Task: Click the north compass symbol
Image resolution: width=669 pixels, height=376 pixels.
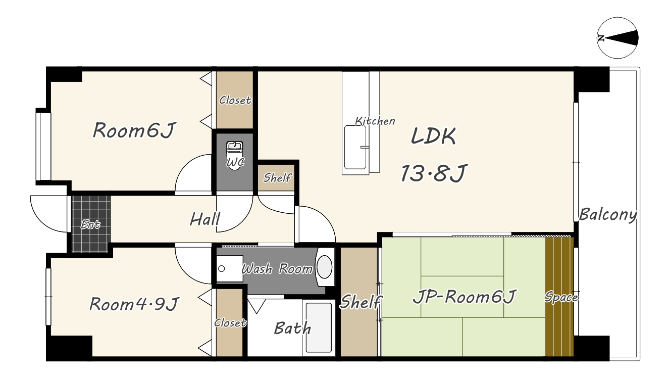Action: [x=617, y=38]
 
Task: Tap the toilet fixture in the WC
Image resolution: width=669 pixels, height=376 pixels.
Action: [x=235, y=156]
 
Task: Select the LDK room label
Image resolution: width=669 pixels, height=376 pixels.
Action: [x=433, y=136]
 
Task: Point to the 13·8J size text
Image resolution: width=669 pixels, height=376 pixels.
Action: [x=434, y=173]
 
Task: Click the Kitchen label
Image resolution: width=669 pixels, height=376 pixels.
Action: [x=375, y=121]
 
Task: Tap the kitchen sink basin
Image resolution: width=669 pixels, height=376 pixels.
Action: [x=355, y=148]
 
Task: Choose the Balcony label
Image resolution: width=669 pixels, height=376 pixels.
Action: [x=608, y=214]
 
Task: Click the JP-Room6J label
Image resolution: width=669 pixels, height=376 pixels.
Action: [x=464, y=297]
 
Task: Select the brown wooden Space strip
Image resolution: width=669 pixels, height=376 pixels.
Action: [x=559, y=297]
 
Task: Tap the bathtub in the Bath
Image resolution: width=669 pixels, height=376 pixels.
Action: [x=319, y=328]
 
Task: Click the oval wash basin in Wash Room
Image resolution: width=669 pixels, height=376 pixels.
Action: [x=324, y=267]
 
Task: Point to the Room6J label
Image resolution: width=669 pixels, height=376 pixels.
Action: [x=134, y=130]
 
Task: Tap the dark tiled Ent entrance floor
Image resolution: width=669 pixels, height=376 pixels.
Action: [x=91, y=224]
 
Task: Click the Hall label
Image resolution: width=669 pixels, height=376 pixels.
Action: [x=205, y=219]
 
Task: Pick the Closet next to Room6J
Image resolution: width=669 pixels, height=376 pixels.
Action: [x=235, y=100]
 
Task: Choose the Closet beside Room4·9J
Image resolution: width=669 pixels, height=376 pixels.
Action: [x=229, y=322]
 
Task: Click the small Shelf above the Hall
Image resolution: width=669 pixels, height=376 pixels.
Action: [x=276, y=177]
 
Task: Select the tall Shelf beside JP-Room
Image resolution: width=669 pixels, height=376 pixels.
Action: [x=359, y=302]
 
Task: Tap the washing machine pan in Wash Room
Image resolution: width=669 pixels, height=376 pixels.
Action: [x=229, y=268]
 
